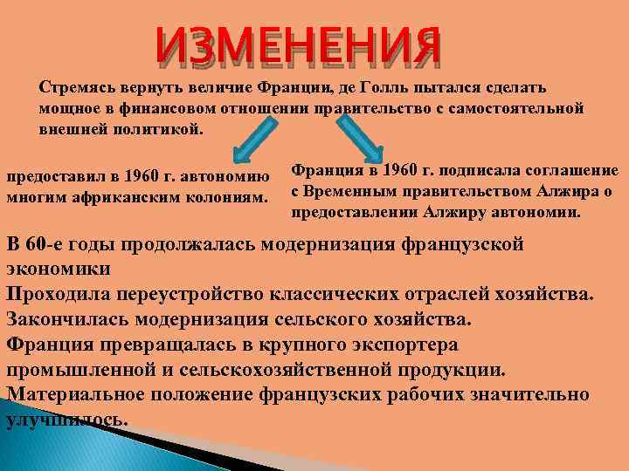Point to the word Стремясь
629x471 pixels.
[x=73, y=88]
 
